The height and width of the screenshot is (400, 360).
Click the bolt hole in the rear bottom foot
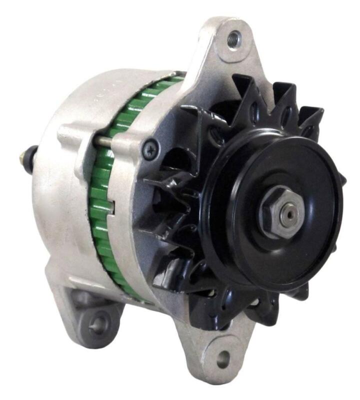click(97, 323)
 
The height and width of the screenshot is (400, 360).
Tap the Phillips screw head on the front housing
click(150, 148)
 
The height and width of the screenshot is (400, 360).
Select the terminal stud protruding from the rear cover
click(23, 159)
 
